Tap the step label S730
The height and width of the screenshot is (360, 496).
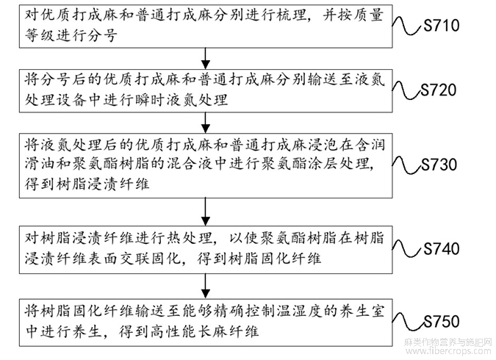[440, 164]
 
